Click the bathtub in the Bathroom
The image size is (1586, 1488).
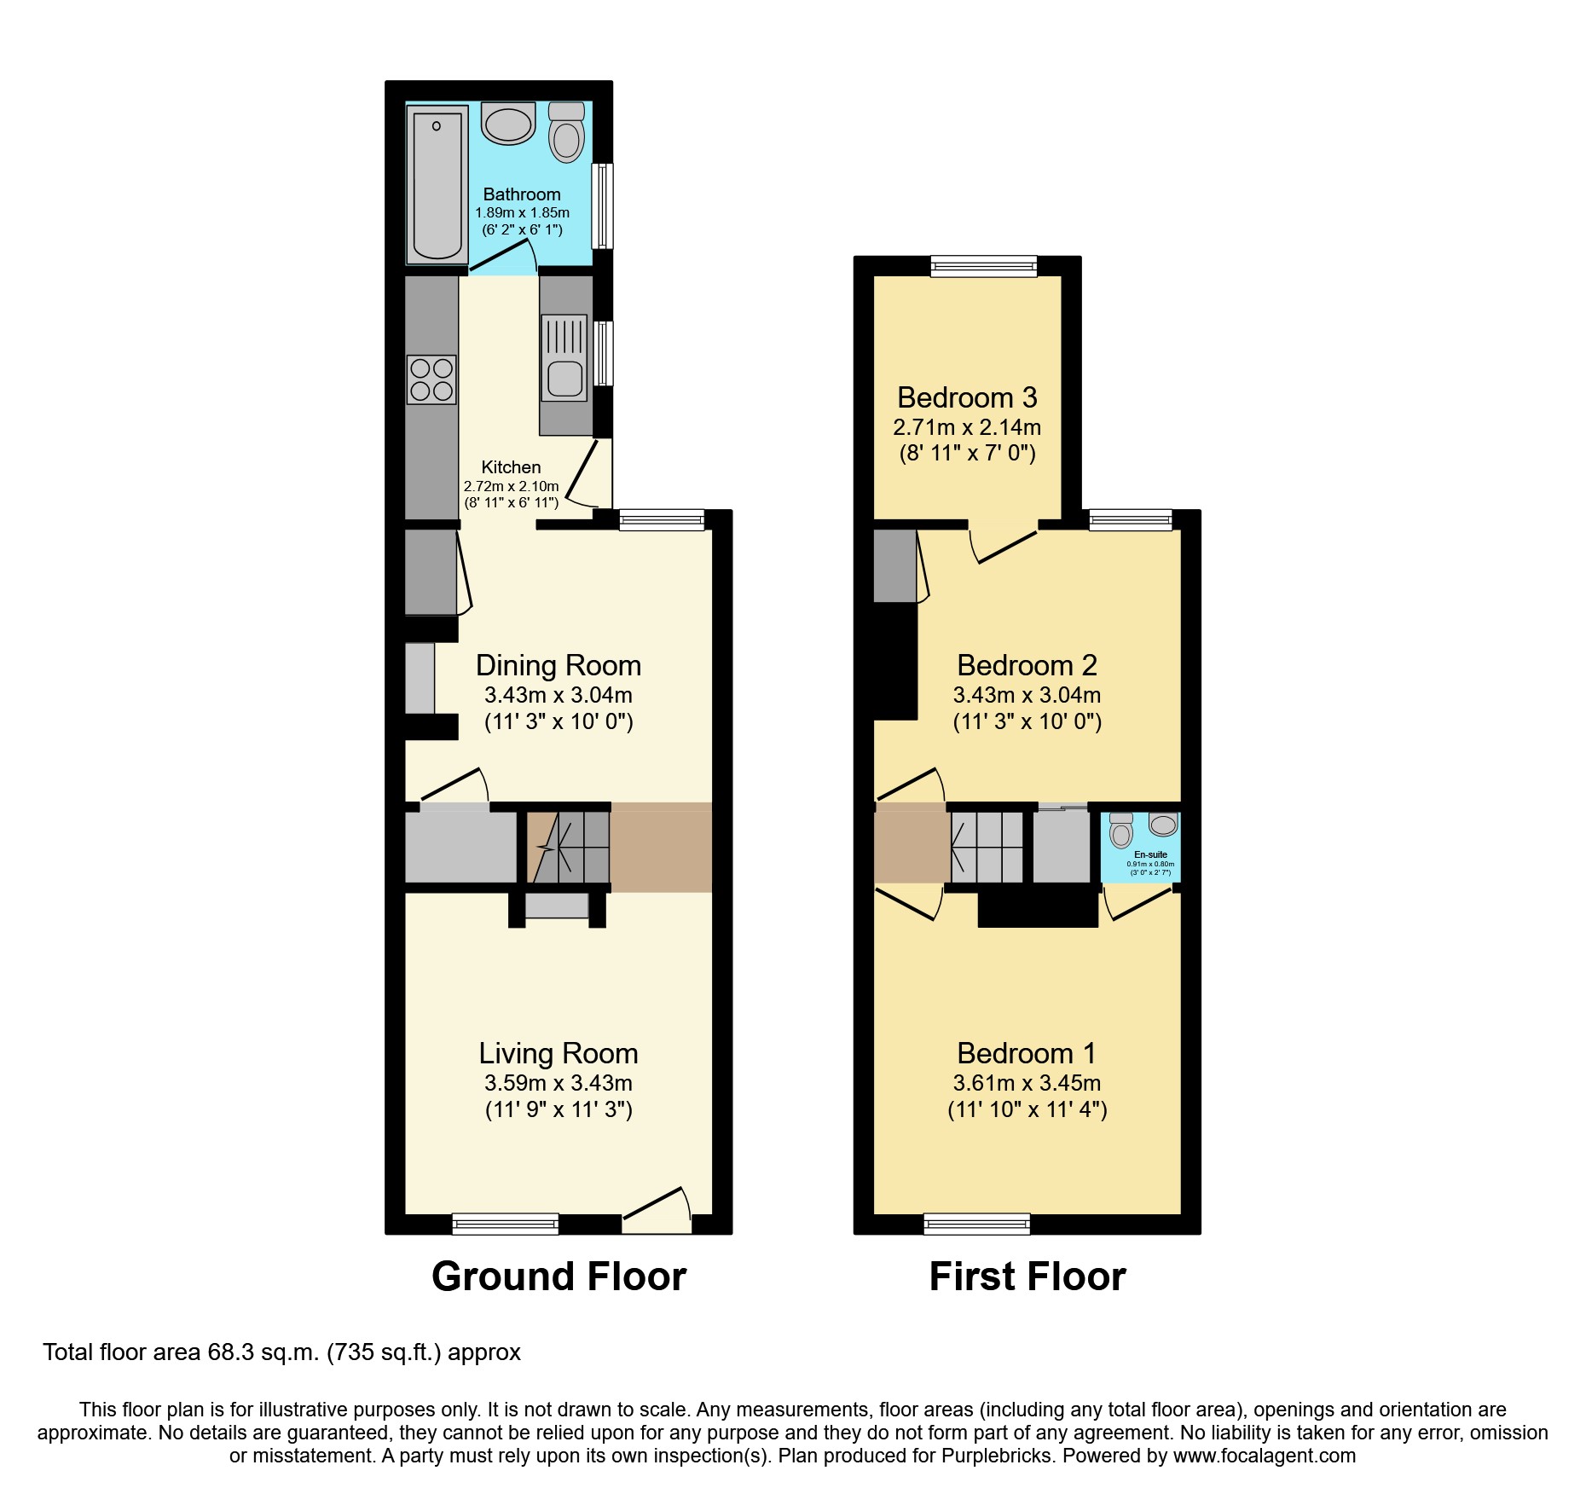point(437,184)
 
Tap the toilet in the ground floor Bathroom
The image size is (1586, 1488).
point(566,135)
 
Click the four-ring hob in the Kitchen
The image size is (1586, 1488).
point(431,379)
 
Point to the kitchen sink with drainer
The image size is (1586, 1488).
point(564,357)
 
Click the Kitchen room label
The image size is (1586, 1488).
point(511,467)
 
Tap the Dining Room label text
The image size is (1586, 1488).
point(559,665)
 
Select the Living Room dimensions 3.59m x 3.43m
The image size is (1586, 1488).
point(559,1083)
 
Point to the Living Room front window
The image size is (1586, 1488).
point(505,1225)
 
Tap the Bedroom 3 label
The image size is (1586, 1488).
point(967,397)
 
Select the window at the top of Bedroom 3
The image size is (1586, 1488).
point(984,266)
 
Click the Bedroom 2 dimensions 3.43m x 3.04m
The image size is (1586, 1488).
point(1027,695)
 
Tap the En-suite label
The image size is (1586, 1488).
point(1150,854)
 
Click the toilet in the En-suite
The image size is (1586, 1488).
point(1121,831)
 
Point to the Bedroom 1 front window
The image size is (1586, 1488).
point(977,1225)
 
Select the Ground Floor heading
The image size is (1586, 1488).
point(559,1277)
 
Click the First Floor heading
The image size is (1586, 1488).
point(1027,1277)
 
